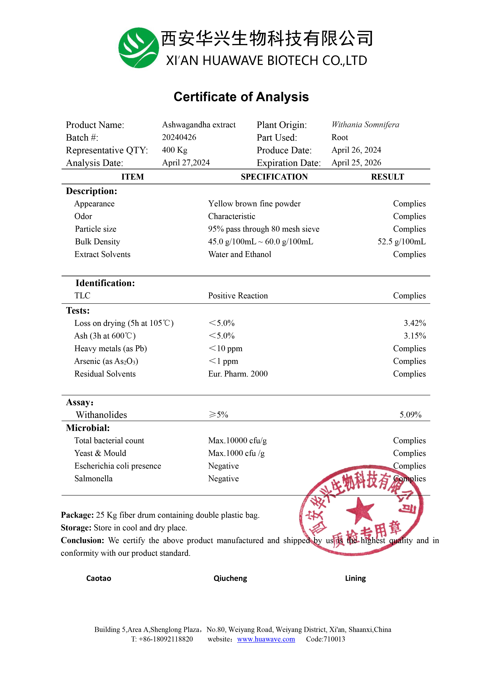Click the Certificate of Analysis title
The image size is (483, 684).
[x=241, y=97]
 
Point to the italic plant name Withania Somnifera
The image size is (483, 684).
[x=365, y=125]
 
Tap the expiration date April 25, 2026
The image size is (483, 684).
[x=356, y=163]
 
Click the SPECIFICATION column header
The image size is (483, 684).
[x=274, y=177]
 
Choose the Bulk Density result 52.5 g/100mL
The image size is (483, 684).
[x=401, y=242]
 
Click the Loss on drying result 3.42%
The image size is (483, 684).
[x=415, y=323]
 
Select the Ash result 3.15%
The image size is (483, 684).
[x=415, y=336]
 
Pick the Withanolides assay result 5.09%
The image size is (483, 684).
[x=410, y=415]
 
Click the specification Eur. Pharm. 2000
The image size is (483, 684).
[x=238, y=374]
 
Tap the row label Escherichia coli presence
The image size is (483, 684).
[x=118, y=466]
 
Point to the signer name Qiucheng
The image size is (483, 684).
[x=230, y=579]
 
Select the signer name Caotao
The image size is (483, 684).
[x=99, y=579]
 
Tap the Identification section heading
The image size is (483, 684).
[x=105, y=283]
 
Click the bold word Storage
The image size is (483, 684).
[x=76, y=528]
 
